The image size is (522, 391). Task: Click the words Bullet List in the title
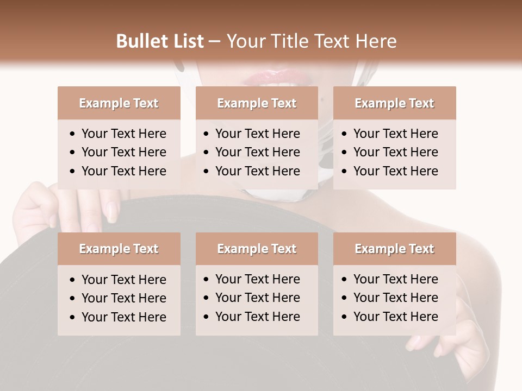pyautogui.click(x=160, y=41)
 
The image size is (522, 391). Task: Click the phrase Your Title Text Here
pyautogui.click(x=311, y=41)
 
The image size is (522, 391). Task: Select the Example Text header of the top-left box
pyautogui.click(x=119, y=103)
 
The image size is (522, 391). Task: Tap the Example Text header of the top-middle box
pyautogui.click(x=257, y=103)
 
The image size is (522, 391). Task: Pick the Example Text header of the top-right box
pyautogui.click(x=394, y=103)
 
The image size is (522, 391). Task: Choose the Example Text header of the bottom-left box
pyautogui.click(x=119, y=249)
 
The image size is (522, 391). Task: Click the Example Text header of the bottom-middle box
pyautogui.click(x=257, y=249)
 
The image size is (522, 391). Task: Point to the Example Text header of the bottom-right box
pyautogui.click(x=394, y=249)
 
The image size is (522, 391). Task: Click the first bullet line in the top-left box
pyautogui.click(x=123, y=134)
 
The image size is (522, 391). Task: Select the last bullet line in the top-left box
pyautogui.click(x=123, y=171)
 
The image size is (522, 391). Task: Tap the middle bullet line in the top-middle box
pyautogui.click(x=257, y=152)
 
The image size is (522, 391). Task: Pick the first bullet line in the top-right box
pyautogui.click(x=395, y=134)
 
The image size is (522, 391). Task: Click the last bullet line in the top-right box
pyautogui.click(x=395, y=171)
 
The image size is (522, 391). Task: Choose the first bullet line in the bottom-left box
pyautogui.click(x=123, y=280)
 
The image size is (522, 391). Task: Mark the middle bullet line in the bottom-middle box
pyautogui.click(x=257, y=298)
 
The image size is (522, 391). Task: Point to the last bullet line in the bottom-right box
pyautogui.click(x=395, y=317)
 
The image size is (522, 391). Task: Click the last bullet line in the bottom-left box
pyautogui.click(x=123, y=317)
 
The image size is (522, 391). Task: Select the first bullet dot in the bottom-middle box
pyautogui.click(x=207, y=280)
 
